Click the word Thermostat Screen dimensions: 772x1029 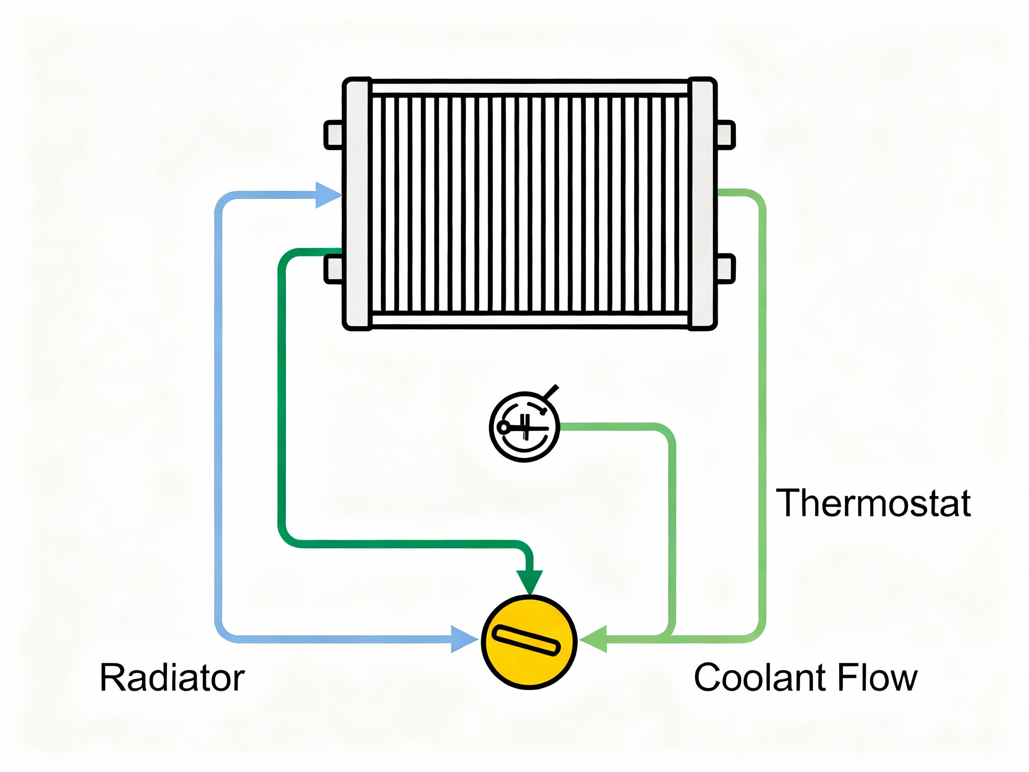(x=873, y=503)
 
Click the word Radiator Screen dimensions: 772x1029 (x=171, y=678)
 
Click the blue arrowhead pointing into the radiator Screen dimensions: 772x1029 (x=327, y=195)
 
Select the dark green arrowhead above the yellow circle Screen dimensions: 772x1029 (x=529, y=581)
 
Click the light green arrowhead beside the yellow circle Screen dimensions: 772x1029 (x=594, y=639)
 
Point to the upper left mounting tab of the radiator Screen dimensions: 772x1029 (x=334, y=135)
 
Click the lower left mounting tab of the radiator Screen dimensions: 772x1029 (x=334, y=269)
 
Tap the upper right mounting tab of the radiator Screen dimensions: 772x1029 (x=726, y=135)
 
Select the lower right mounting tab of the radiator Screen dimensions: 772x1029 (x=726, y=269)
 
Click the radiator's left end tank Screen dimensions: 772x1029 (x=357, y=204)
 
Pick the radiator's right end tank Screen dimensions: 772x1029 (x=702, y=204)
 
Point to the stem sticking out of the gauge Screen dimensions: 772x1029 (x=551, y=393)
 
